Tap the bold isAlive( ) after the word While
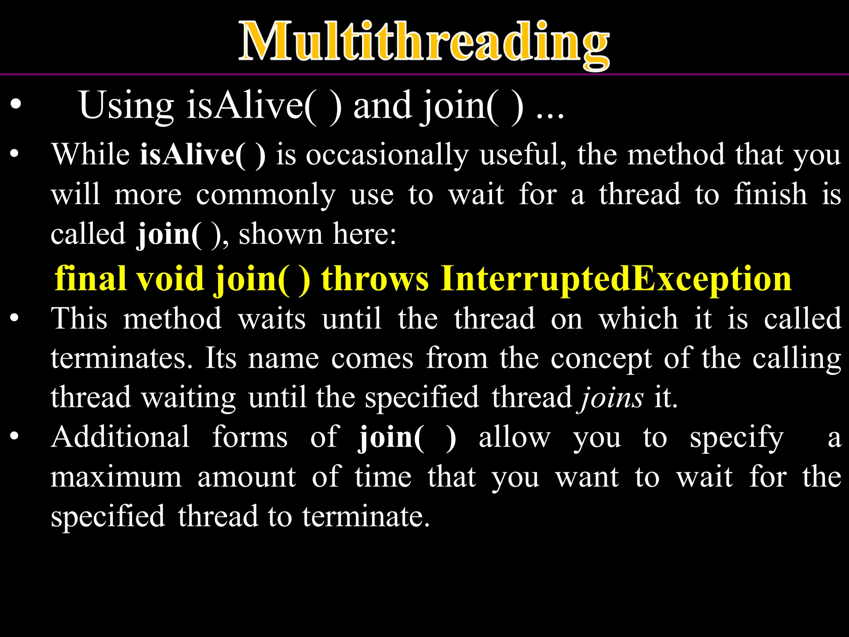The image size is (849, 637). click(x=202, y=155)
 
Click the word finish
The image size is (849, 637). click(x=770, y=194)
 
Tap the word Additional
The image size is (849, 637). click(x=120, y=437)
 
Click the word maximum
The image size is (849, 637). click(x=116, y=477)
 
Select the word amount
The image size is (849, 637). click(x=247, y=477)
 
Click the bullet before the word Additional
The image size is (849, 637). click(x=15, y=437)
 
